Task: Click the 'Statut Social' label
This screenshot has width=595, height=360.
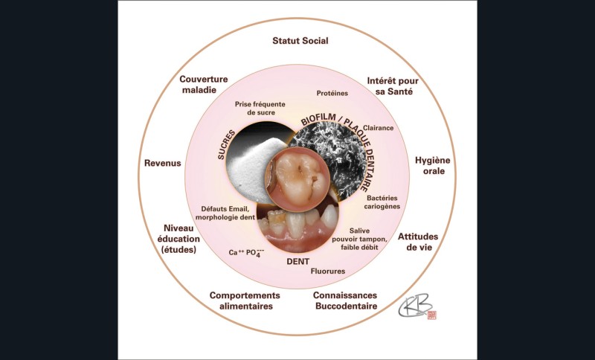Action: click(x=300, y=41)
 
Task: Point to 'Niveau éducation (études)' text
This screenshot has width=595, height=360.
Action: click(x=178, y=239)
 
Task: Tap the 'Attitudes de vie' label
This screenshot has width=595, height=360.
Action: click(x=417, y=242)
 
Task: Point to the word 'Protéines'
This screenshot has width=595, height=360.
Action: click(x=332, y=94)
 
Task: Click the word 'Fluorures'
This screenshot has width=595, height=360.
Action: click(x=328, y=271)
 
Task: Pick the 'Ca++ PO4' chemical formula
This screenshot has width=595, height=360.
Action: click(x=245, y=253)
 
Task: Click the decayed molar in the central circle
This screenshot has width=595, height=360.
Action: click(x=297, y=176)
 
